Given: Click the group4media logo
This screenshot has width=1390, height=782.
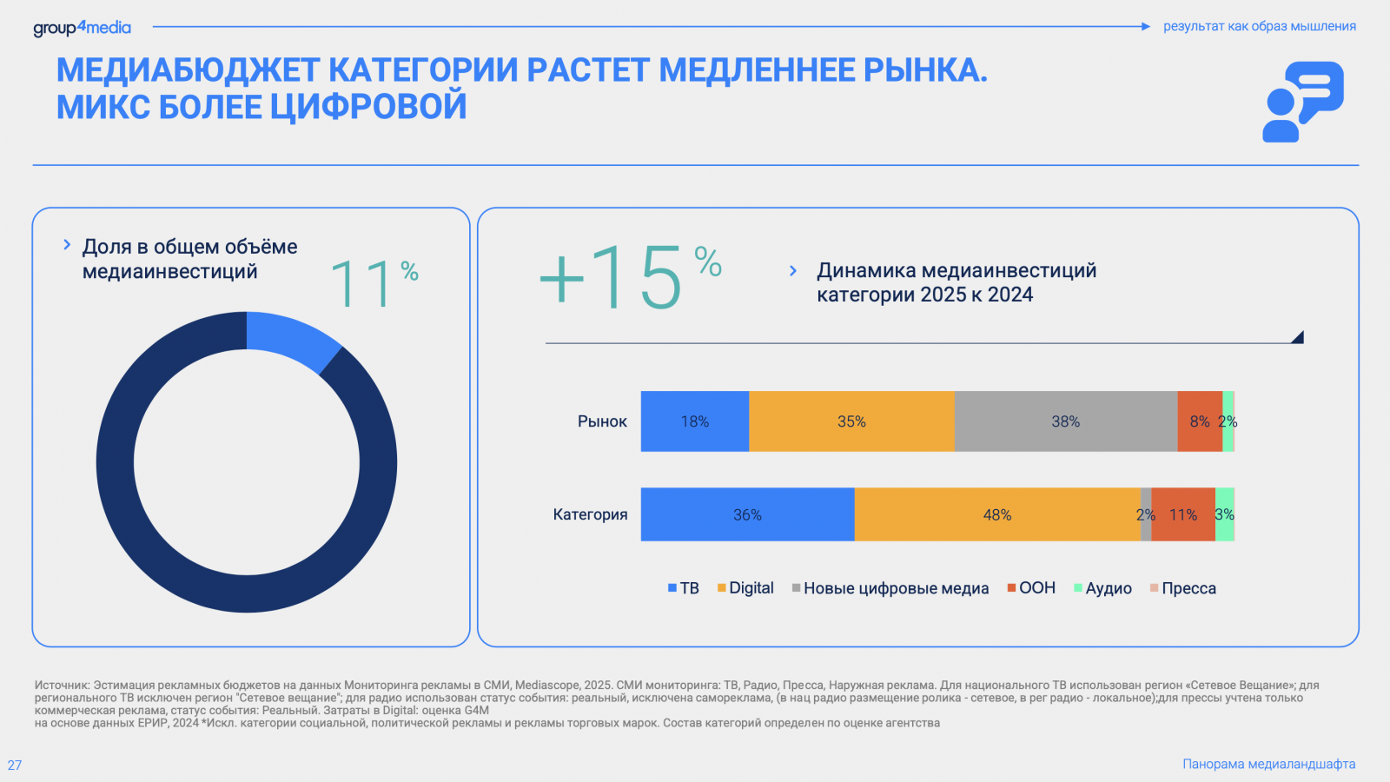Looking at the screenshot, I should [82, 28].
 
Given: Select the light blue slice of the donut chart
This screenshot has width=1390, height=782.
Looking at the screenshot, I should [292, 339].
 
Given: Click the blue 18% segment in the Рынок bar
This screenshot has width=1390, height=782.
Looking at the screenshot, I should [695, 421].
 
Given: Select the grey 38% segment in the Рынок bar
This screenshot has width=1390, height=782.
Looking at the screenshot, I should [1066, 421].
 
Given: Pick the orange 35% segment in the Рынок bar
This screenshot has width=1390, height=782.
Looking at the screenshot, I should [851, 421].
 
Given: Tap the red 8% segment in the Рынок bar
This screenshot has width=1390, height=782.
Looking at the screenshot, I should [1199, 421].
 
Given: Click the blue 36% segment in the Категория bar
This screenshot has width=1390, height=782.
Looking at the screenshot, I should [747, 514].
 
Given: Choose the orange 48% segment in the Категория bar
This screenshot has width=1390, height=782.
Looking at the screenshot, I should [997, 514].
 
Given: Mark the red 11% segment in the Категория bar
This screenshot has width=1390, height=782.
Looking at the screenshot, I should [1183, 514].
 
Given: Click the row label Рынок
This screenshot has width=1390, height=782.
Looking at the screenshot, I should [602, 421].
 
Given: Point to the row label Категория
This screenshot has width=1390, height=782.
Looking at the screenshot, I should [590, 514].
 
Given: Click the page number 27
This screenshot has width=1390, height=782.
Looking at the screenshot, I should [15, 765].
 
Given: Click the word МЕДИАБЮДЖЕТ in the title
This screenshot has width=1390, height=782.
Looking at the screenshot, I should [188, 70].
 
